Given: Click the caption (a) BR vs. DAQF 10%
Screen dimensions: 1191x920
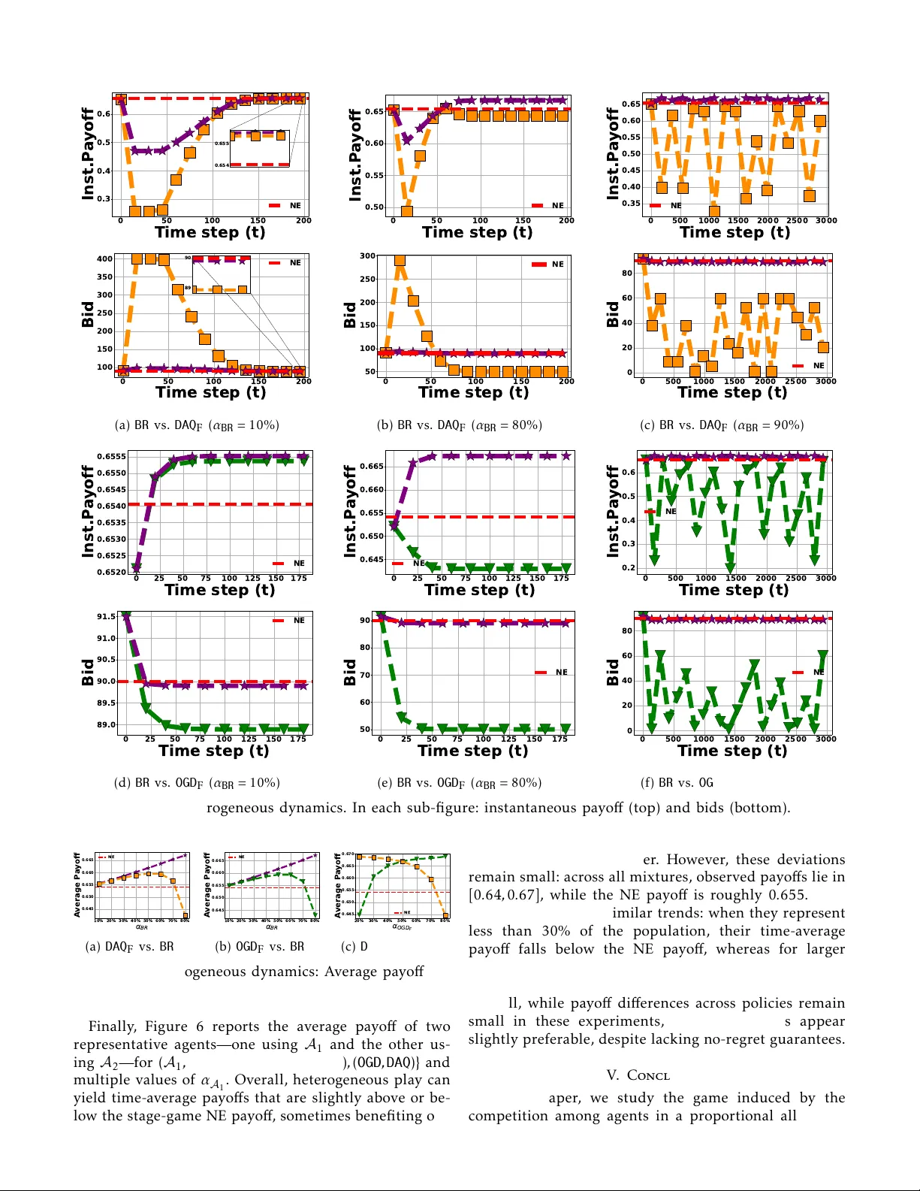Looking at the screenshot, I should (x=197, y=425).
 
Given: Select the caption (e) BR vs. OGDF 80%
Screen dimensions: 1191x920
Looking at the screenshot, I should (x=460, y=783).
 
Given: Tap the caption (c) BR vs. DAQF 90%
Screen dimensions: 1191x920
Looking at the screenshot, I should (x=722, y=425).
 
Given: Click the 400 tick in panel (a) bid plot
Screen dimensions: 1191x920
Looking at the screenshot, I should (x=104, y=258).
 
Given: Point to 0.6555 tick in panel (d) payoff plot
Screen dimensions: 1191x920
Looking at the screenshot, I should (x=111, y=456).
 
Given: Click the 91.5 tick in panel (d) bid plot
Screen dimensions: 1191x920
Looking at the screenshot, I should (x=106, y=616).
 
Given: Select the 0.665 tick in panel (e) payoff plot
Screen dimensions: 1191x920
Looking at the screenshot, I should (x=373, y=466).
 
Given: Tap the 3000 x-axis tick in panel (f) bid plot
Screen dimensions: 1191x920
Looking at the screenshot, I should (x=825, y=739).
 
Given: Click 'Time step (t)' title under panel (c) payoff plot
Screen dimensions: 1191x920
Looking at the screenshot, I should (x=734, y=232).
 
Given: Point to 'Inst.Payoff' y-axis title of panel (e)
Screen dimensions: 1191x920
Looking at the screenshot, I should (x=349, y=512).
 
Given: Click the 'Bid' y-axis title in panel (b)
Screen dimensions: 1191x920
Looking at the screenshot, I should (x=349, y=315).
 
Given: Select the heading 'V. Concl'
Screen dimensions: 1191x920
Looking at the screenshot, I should (x=638, y=1075).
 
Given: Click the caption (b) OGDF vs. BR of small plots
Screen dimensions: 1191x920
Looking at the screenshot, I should (x=260, y=947).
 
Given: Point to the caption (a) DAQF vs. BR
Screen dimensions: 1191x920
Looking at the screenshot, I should (x=129, y=947).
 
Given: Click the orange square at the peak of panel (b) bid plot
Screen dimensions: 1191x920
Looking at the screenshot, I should (x=400, y=261).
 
